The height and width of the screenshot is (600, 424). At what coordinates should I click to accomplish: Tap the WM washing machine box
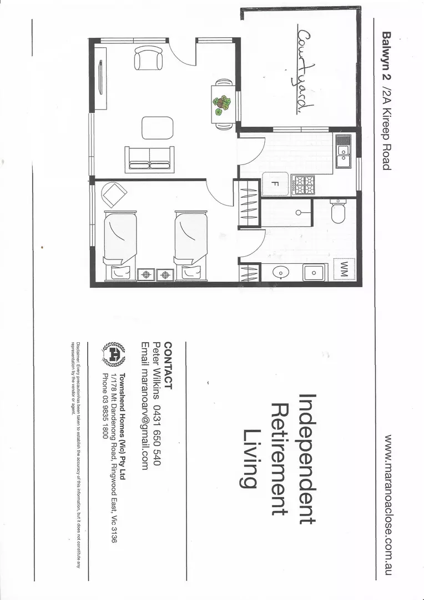pyautogui.click(x=344, y=269)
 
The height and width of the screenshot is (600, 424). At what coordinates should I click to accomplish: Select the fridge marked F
pyautogui.click(x=274, y=184)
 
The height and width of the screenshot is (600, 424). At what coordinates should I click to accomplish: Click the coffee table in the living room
pyautogui.click(x=153, y=127)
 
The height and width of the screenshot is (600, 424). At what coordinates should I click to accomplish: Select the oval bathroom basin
pyautogui.click(x=281, y=272)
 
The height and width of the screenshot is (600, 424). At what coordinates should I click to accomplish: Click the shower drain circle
pyautogui.click(x=299, y=212)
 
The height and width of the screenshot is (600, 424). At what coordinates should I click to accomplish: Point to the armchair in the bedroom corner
pyautogui.click(x=115, y=194)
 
